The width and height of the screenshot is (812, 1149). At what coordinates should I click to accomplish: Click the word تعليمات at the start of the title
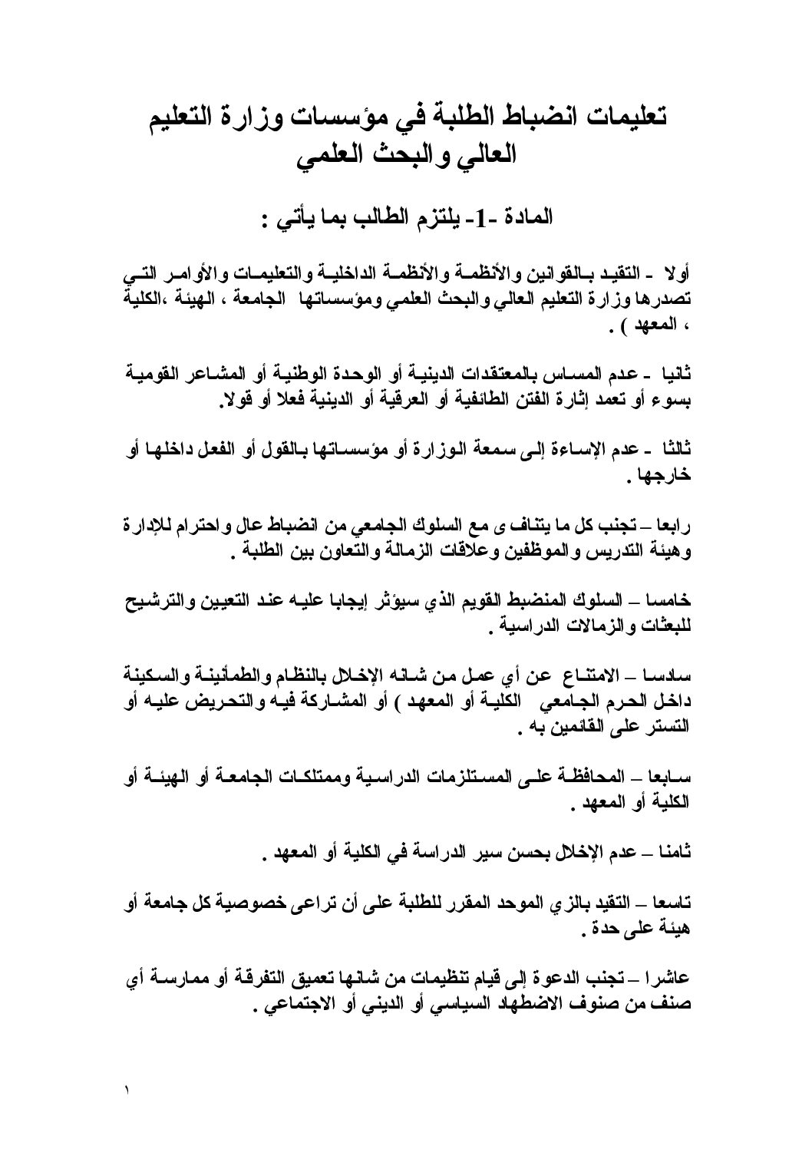619,119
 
